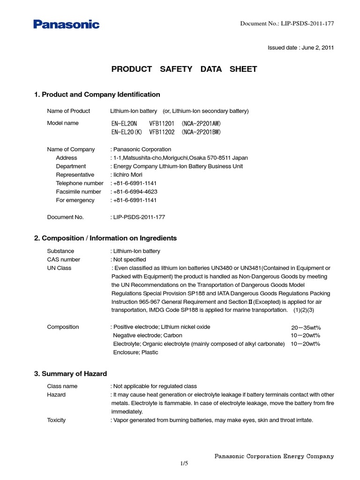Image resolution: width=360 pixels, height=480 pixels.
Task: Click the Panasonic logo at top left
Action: point(66,24)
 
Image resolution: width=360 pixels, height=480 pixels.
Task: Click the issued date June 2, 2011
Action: point(300,48)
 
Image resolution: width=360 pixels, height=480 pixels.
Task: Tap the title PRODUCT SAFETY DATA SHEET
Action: point(184,69)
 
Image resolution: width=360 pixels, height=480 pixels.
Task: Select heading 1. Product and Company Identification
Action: point(97,95)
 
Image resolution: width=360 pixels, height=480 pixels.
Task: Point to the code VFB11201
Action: point(162,123)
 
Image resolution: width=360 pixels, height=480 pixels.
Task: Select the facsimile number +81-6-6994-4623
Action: point(135,192)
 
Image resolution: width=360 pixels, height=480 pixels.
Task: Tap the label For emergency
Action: point(75,200)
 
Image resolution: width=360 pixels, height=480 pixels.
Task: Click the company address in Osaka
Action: point(180,158)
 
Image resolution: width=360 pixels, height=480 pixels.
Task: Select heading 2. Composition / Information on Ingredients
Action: point(105,238)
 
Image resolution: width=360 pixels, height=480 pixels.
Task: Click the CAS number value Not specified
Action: point(129,260)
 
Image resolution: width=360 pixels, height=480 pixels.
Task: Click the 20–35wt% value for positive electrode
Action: point(306,328)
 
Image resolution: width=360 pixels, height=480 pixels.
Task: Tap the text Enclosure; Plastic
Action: point(135,352)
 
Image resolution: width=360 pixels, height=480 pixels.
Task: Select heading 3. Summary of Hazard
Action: point(70,374)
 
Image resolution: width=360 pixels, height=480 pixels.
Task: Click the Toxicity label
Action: point(56,420)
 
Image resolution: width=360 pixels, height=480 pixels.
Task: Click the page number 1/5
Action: point(184,464)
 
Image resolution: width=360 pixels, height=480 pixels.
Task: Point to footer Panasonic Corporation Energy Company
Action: point(274,456)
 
